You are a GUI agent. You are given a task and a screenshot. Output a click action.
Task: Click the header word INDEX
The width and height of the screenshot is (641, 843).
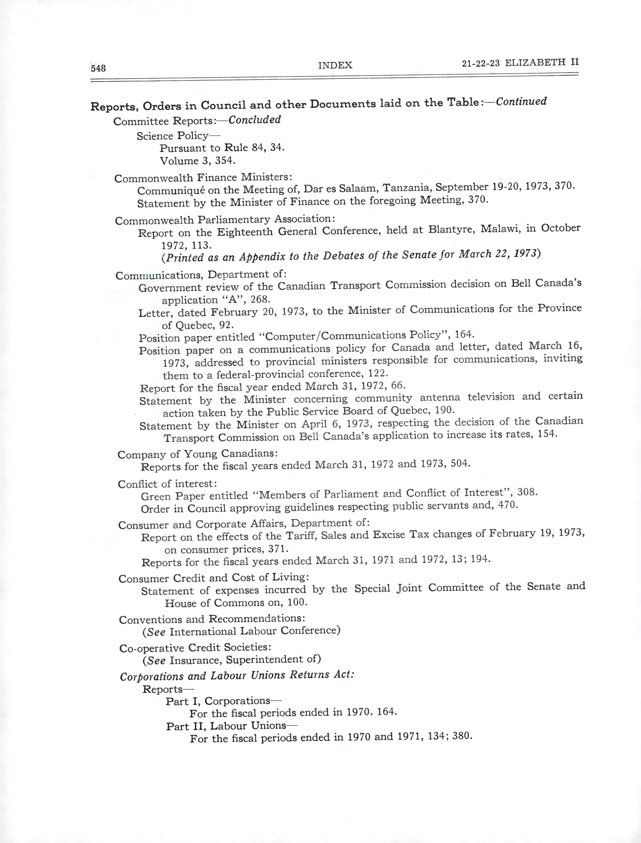coord(335,65)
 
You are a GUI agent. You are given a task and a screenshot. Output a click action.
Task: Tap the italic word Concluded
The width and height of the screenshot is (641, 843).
coord(255,120)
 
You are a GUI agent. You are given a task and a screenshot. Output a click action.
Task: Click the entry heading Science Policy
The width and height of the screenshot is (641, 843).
coord(172,136)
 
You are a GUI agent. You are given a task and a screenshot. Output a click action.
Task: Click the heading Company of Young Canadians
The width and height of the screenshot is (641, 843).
coord(197,454)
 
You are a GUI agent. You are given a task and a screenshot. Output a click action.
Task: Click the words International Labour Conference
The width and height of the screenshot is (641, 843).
coord(255,631)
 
